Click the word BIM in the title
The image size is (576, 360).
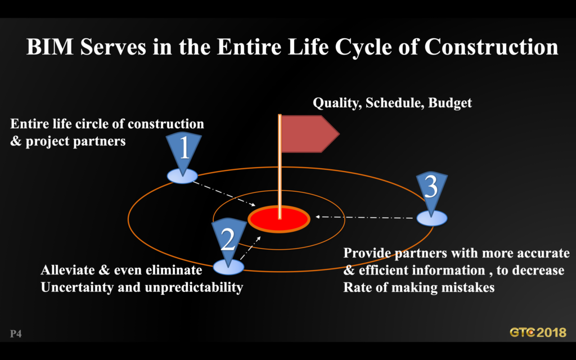tap(50, 47)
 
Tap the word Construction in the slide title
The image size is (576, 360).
tap(491, 47)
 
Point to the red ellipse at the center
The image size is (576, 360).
tap(279, 219)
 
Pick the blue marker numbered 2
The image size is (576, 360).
tap(228, 242)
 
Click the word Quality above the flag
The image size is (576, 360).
tap(337, 103)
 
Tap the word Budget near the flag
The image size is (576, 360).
tap(450, 103)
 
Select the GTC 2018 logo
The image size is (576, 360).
tap(538, 332)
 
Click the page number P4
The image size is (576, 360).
tap(16, 334)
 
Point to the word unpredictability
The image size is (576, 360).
tap(194, 287)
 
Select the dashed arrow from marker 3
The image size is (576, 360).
tap(364, 217)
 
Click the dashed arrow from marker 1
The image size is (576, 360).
tap(224, 193)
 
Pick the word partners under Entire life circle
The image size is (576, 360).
tap(99, 141)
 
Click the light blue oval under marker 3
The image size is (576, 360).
tap(431, 218)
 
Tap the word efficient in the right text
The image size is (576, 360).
tap(385, 271)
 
